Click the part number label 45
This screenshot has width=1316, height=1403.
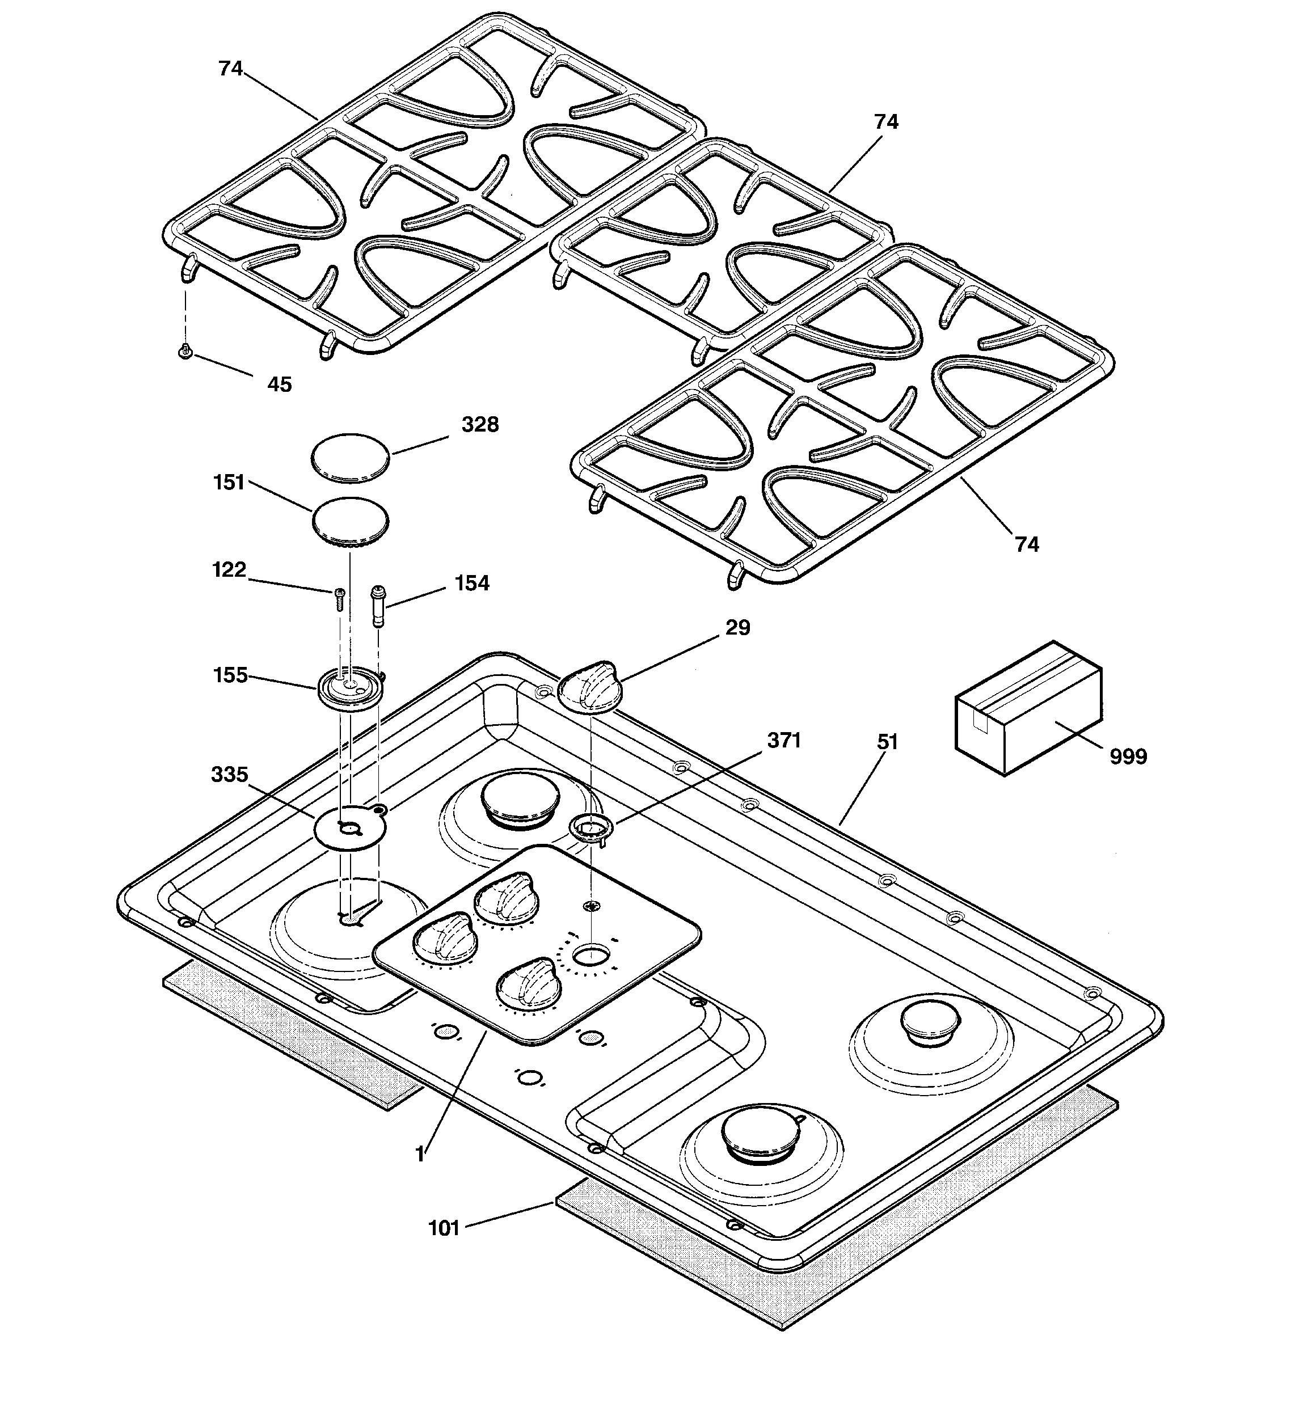[x=280, y=384]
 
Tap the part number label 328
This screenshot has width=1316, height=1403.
[x=480, y=424]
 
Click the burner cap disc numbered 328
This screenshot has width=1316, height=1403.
[x=350, y=458]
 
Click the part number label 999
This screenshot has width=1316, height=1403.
[x=1128, y=756]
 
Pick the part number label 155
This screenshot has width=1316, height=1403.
[x=230, y=675]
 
